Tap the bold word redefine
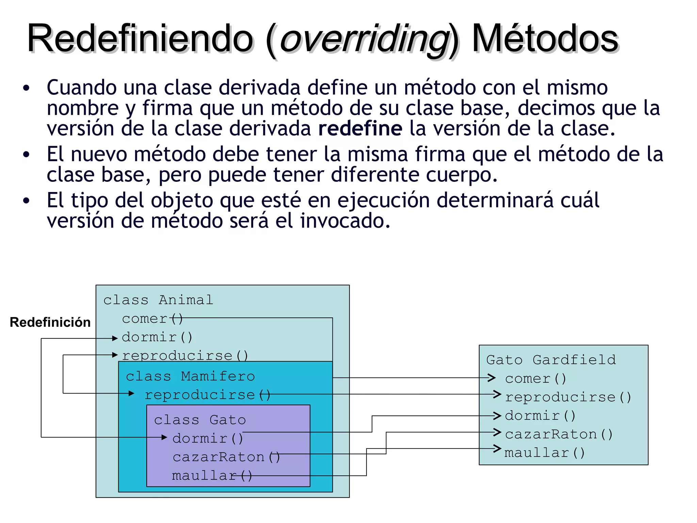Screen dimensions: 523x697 (360, 129)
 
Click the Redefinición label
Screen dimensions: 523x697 (50, 322)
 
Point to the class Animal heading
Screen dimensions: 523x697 (158, 300)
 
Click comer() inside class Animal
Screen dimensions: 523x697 (152, 319)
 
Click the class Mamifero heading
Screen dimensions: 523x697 (190, 376)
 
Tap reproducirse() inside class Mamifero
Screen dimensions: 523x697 (207, 395)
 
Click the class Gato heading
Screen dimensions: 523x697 (200, 420)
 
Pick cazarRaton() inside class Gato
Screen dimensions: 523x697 (226, 457)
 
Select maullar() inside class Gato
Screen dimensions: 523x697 (212, 476)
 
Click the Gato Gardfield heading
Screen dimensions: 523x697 (551, 360)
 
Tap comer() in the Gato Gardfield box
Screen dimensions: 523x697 (535, 379)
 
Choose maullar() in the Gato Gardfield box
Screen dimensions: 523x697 (544, 453)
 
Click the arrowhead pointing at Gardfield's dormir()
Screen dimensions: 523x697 (498, 416)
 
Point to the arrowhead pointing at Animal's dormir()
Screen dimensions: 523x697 (115, 338)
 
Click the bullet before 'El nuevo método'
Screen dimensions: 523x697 (27, 155)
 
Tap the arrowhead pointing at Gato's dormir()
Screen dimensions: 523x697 (164, 437)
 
